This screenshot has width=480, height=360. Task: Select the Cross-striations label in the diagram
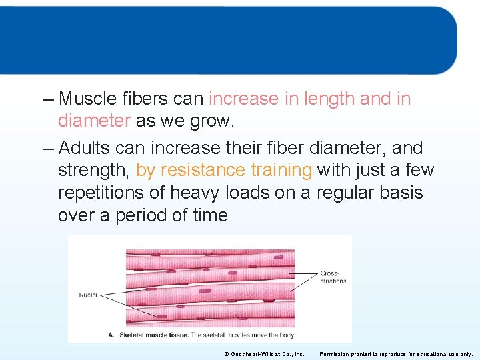pyautogui.click(x=333, y=277)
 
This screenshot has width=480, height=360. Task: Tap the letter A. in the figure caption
pyautogui.click(x=111, y=334)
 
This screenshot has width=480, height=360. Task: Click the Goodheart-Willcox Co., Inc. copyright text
pyautogui.click(x=264, y=354)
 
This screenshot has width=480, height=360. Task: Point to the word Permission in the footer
pyautogui.click(x=336, y=354)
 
